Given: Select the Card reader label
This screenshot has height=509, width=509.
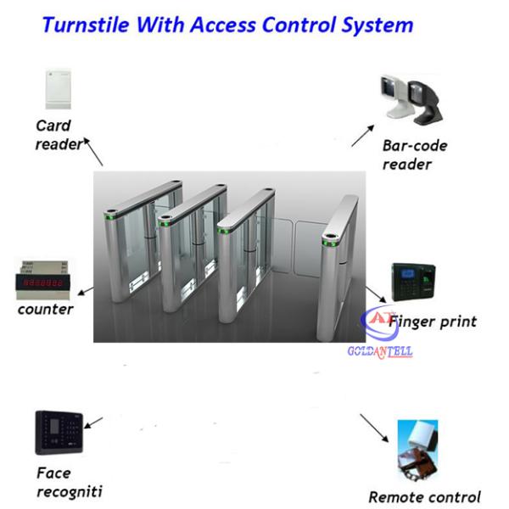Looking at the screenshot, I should [57, 136].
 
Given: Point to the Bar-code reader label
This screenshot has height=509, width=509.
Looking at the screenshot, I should [414, 154].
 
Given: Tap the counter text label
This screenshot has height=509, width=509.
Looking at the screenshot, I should [46, 309].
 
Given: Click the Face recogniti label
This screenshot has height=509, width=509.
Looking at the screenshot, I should [70, 482].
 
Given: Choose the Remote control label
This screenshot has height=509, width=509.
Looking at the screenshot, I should [425, 497].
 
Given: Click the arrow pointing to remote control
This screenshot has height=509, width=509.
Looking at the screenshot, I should [374, 428].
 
